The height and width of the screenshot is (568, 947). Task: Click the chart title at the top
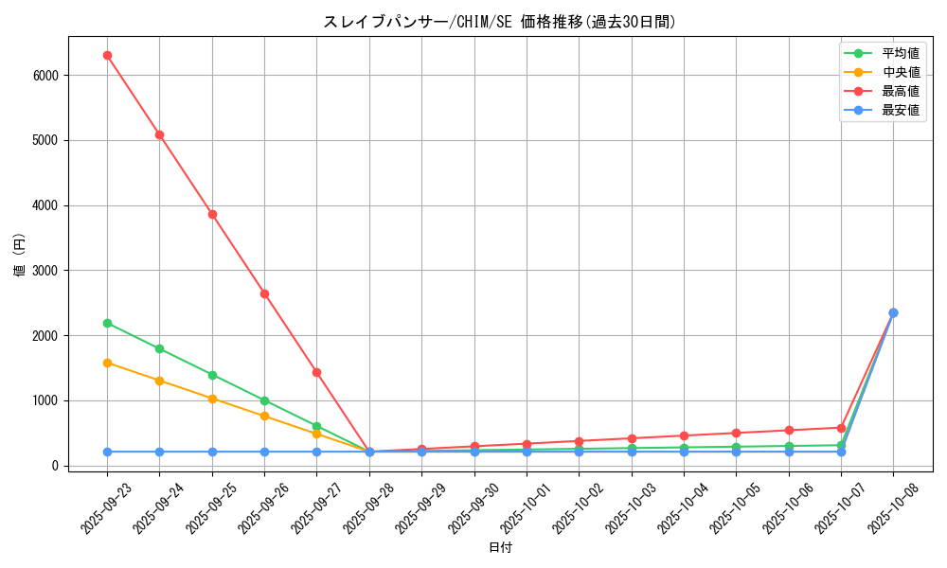point(500,22)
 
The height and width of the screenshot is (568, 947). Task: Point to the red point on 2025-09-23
point(107,55)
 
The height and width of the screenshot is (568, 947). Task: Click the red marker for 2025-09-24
point(159,134)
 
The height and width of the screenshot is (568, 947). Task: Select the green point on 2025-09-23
point(107,323)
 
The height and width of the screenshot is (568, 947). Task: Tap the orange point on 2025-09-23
point(107,363)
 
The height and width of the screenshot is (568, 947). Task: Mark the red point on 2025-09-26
point(264,293)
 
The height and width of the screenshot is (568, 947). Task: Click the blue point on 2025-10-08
point(893,312)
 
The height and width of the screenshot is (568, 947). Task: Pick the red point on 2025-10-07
point(841,428)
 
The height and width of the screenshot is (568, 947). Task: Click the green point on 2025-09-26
point(264,400)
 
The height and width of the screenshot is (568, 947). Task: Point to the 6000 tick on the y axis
point(45,75)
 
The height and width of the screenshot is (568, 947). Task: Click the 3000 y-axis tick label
point(45,271)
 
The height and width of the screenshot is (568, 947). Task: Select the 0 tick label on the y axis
point(56,466)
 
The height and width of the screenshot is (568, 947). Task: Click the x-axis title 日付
point(500,548)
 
